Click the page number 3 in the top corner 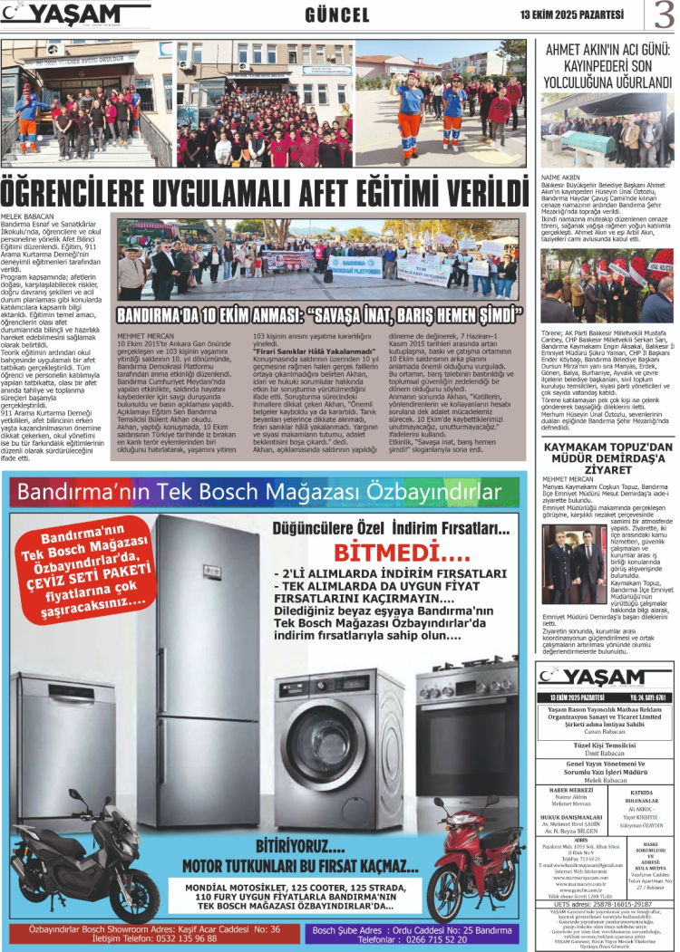tap(665, 16)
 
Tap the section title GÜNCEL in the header tap(337, 15)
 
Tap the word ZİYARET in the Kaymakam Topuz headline tap(607, 470)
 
